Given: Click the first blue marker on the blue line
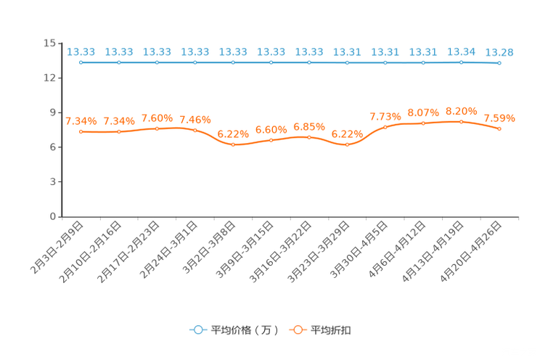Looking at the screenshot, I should [81, 63].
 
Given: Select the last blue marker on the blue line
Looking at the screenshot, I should [499, 64].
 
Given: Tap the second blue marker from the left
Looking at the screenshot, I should [119, 63].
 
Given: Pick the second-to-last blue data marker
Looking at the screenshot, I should [462, 63].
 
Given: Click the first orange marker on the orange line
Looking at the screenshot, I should [81, 131].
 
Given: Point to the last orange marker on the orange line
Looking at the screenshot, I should [499, 128].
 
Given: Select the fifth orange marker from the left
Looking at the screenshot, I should [233, 144].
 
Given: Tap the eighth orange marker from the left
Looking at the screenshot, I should [348, 144].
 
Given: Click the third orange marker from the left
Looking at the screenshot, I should [157, 128].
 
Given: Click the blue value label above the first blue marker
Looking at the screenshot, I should [81, 52].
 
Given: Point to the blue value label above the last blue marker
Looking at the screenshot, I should [499, 52].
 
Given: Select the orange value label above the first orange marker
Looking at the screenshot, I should [81, 120].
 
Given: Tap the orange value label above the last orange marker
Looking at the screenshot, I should [499, 118].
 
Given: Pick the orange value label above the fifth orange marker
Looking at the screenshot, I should [233, 134].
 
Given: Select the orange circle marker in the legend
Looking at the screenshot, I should [298, 330].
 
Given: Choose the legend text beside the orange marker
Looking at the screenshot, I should [332, 330].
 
